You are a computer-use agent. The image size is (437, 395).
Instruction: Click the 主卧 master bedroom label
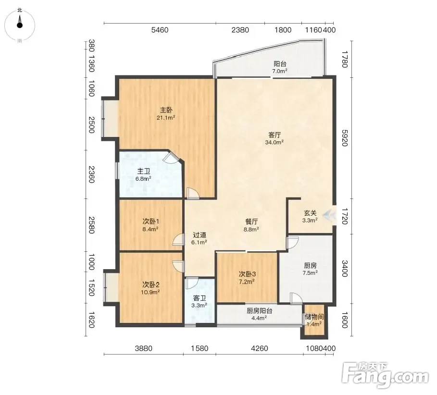[x=166, y=110]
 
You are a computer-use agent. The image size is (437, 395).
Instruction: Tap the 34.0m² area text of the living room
[x=275, y=142]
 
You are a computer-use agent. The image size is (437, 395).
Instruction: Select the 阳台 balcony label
[x=280, y=63]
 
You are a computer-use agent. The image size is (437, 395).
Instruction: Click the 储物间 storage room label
[x=314, y=317]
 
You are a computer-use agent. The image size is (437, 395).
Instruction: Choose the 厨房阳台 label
[x=259, y=310]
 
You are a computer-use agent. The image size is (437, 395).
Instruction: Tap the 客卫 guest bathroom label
[x=199, y=298]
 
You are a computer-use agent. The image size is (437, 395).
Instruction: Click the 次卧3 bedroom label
[x=247, y=274]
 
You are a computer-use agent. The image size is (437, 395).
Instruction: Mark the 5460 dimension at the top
[x=160, y=30]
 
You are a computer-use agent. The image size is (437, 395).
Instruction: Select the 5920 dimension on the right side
[x=345, y=138]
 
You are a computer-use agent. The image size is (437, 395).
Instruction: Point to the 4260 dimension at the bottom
[x=260, y=348]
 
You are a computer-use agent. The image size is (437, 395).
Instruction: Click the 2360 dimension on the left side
[x=91, y=174]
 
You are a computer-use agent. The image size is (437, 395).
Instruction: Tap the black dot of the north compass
[x=20, y=25]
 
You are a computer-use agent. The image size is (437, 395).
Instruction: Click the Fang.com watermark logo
[x=385, y=376]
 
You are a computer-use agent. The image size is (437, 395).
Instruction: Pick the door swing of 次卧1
[x=178, y=240]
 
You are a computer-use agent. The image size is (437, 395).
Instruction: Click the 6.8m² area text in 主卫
[x=143, y=179]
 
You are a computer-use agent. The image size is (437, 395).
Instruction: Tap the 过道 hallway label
[x=199, y=235]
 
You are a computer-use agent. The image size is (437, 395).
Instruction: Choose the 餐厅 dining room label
[x=251, y=222]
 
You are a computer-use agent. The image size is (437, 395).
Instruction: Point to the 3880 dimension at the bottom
[x=144, y=348]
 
